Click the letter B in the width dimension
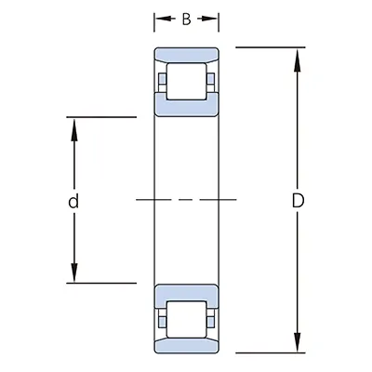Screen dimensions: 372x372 click(187, 20)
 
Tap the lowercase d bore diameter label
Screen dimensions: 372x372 click(73, 201)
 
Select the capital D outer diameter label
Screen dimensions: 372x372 click(298, 200)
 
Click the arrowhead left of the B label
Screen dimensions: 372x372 click(160, 20)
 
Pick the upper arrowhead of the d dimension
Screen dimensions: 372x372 click(73, 126)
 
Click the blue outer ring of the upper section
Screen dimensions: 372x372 click(187, 55)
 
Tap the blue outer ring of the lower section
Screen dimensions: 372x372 click(187, 344)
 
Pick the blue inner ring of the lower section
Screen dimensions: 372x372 click(187, 291)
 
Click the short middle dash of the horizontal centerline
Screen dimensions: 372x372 click(187, 199)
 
